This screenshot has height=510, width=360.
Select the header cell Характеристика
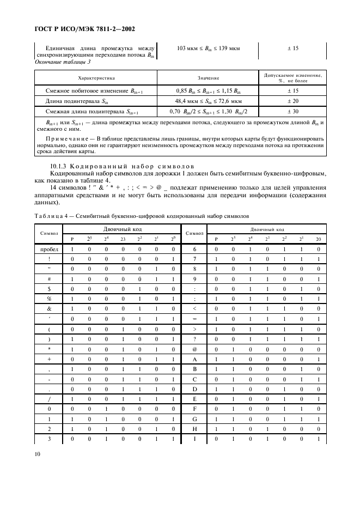(x=96, y=78)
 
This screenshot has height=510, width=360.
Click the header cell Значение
(x=209, y=78)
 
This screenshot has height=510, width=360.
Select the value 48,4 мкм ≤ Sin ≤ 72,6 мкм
(x=209, y=101)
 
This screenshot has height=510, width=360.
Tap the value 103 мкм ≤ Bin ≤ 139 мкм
(x=209, y=48)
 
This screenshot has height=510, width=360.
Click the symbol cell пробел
(x=48, y=249)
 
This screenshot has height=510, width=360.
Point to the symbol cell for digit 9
(x=194, y=278)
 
